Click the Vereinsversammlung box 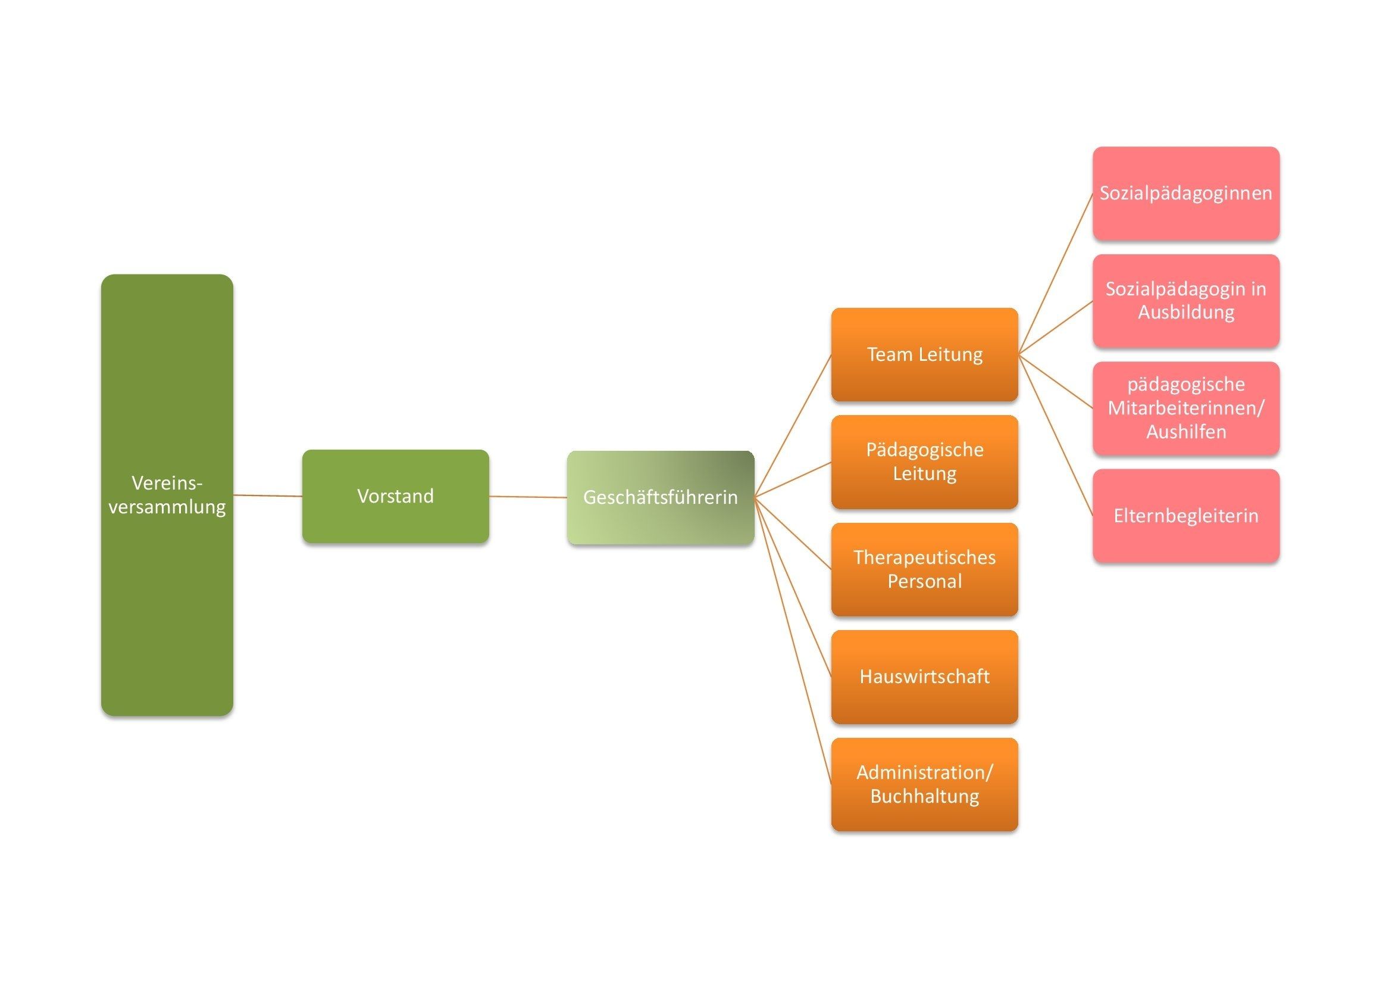pos(167,494)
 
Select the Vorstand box pos(395,495)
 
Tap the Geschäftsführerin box pos(660,497)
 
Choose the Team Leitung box pos(924,354)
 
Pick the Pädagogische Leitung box pos(924,462)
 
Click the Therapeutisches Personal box pos(924,569)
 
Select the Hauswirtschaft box pos(924,677)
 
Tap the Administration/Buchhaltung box pos(924,784)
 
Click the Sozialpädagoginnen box pos(1185,193)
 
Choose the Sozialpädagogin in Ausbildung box pos(1185,300)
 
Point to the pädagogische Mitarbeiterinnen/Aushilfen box pos(1185,407)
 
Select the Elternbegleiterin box pos(1185,516)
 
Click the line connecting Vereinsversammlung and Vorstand pos(267,495)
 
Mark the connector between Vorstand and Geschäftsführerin pos(527,497)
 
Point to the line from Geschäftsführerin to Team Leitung pos(792,426)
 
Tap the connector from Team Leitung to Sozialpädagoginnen pos(1056,273)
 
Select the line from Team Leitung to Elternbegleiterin pos(1056,435)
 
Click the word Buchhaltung pos(924,796)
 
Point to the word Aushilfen pos(1185,432)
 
